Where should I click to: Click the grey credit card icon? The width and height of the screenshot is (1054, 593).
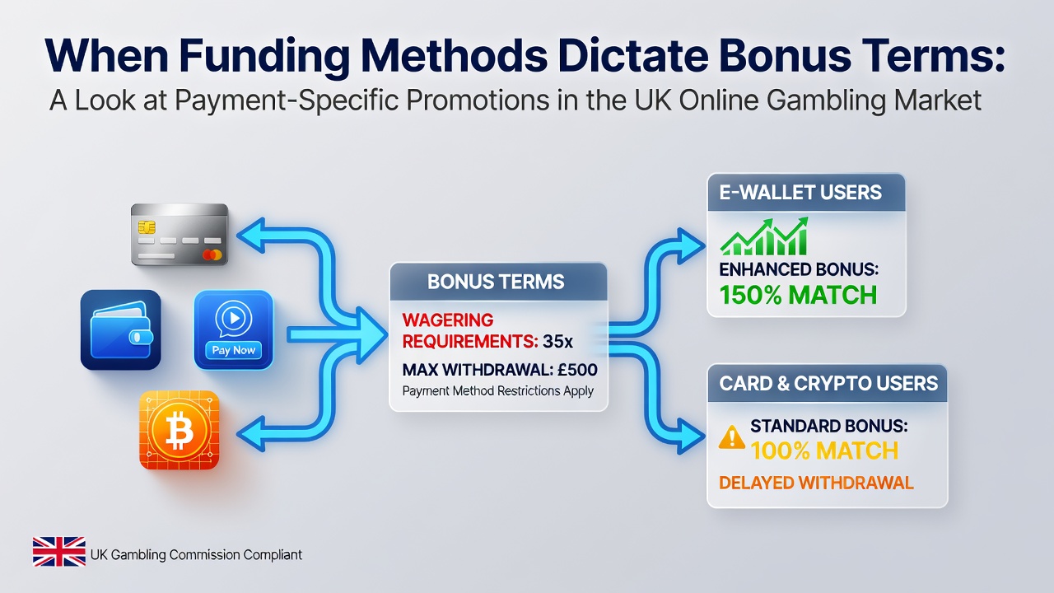click(180, 235)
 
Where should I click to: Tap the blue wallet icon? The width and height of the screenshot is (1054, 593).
click(121, 329)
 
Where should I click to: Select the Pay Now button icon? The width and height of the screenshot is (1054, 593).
click(233, 329)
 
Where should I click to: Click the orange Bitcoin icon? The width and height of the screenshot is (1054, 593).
click(180, 430)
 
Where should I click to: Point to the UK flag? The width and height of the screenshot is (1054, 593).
click(58, 551)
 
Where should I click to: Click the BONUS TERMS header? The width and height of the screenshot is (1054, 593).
click(496, 282)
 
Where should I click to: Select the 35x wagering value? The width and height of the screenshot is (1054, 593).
click(557, 341)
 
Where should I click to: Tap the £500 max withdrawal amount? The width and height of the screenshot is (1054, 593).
click(577, 370)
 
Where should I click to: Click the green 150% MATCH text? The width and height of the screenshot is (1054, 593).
click(798, 295)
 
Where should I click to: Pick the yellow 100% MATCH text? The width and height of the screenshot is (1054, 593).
click(824, 451)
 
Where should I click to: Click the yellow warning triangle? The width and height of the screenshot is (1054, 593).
click(732, 437)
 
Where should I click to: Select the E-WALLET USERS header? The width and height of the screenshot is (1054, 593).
click(800, 193)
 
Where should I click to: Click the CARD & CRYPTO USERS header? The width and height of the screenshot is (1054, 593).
click(828, 384)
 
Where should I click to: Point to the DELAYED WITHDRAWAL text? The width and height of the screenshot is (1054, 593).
click(816, 483)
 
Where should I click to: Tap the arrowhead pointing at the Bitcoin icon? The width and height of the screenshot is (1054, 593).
click(252, 434)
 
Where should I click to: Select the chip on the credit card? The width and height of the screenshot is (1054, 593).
click(147, 227)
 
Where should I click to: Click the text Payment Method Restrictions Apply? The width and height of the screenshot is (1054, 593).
click(498, 391)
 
